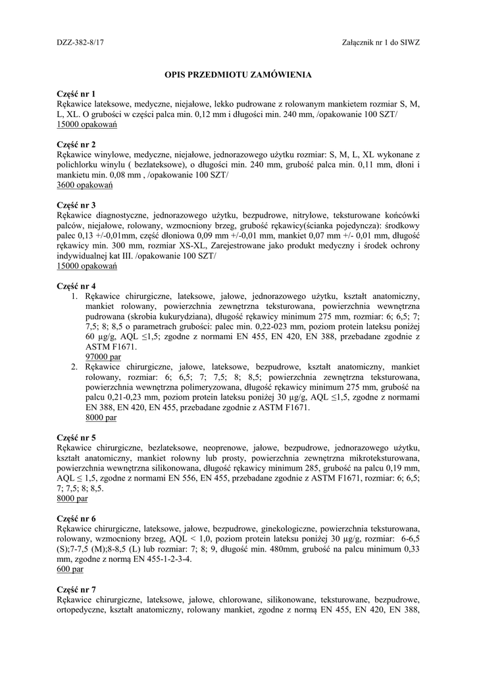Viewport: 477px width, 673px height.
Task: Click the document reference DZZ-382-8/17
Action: click(86, 41)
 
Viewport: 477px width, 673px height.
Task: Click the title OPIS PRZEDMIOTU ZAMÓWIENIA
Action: click(238, 75)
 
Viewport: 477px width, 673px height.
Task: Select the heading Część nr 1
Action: click(76, 95)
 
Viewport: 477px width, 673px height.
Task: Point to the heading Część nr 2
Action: click(76, 145)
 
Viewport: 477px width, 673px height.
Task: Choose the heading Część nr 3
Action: click(76, 205)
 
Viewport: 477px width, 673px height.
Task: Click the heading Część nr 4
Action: click(76, 287)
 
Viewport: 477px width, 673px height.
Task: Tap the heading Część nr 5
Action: click(76, 437)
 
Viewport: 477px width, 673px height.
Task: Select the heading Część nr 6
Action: click(76, 519)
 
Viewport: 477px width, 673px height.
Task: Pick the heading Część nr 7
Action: click(76, 590)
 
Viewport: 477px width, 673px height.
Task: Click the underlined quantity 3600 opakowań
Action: click(85, 185)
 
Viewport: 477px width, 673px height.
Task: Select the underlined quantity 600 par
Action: click(70, 569)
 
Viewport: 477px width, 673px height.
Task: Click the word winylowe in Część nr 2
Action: click(116, 155)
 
